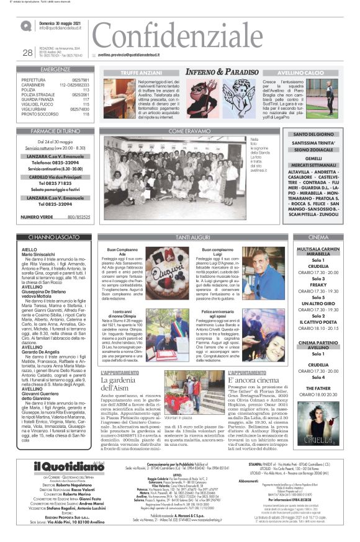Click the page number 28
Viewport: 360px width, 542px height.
[27, 53]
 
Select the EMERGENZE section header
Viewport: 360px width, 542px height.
[55, 70]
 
